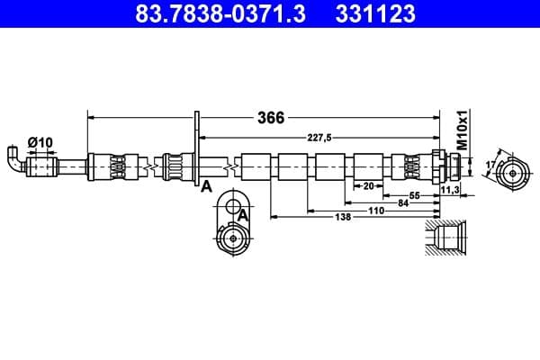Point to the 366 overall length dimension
[x=271, y=118]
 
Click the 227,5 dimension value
[x=318, y=137]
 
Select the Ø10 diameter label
[x=40, y=141]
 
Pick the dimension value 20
[x=368, y=186]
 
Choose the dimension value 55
[x=416, y=195]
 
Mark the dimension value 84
[x=403, y=202]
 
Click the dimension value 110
[x=375, y=210]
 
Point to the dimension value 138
[x=342, y=217]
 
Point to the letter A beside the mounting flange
[x=206, y=186]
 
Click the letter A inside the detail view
[x=242, y=214]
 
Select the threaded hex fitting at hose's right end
[x=446, y=166]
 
